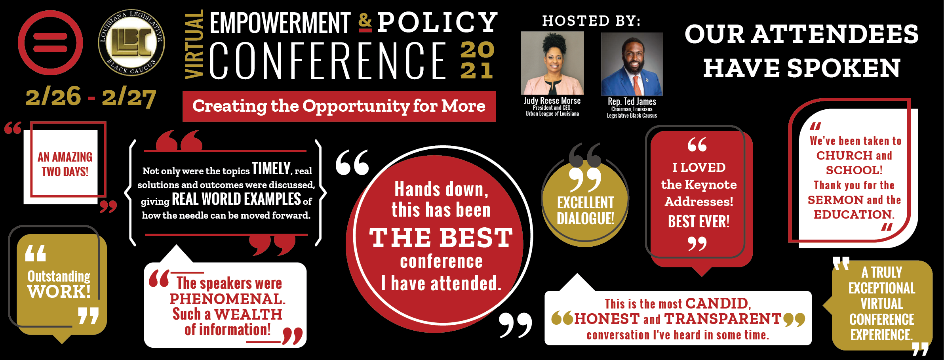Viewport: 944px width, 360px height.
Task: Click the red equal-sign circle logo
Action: click(50, 42)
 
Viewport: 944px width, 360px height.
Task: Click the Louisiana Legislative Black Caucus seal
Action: click(131, 42)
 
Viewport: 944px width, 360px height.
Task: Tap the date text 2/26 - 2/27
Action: click(91, 97)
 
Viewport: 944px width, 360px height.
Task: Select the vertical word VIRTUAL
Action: click(194, 44)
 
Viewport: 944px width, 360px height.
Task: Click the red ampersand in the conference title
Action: click(365, 23)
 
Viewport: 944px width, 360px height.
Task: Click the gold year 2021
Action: click(478, 60)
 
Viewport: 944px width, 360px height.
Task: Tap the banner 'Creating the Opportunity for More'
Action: click(339, 106)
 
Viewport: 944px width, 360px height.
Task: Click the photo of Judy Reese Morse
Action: click(552, 63)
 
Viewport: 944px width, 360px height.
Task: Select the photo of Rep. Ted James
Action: click(632, 64)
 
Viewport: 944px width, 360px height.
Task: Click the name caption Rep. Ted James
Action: click(632, 102)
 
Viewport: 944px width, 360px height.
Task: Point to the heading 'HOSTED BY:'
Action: click(591, 21)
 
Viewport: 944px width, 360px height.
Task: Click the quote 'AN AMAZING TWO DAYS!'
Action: click(65, 164)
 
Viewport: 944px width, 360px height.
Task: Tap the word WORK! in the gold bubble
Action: click(59, 292)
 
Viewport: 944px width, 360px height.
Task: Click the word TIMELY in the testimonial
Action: click(271, 169)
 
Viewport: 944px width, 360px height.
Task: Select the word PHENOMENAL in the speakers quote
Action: click(227, 299)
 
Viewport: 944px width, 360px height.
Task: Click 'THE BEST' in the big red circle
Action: click(441, 238)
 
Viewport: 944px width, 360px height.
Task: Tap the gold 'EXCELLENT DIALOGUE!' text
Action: click(585, 210)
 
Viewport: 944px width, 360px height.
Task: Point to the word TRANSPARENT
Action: click(723, 319)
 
